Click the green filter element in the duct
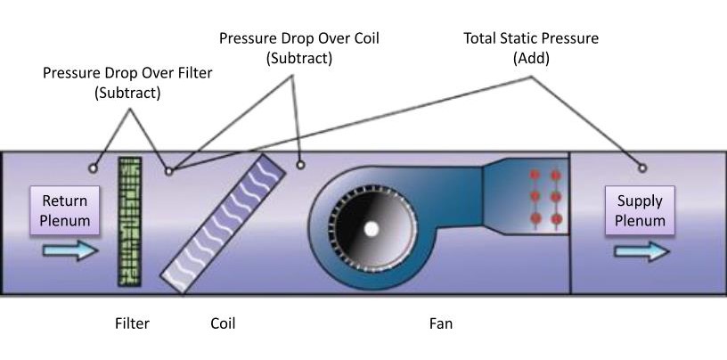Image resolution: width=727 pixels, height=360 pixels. tap(130, 222)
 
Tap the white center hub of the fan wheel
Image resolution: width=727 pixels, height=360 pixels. tap(371, 228)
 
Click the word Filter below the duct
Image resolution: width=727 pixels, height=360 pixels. tap(132, 323)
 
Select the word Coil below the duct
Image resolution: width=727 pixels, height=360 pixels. tap(223, 323)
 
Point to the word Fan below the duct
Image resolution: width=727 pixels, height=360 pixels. tap(441, 323)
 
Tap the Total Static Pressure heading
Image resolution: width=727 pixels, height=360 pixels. tap(531, 40)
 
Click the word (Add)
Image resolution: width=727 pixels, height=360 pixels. tap(531, 59)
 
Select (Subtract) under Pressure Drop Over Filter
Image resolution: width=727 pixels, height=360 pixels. tap(128, 93)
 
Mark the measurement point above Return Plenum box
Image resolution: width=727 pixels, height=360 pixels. tap(93, 167)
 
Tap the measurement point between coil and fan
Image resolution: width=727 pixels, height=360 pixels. tap(300, 164)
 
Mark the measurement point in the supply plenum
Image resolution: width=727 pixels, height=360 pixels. tap(642, 167)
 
